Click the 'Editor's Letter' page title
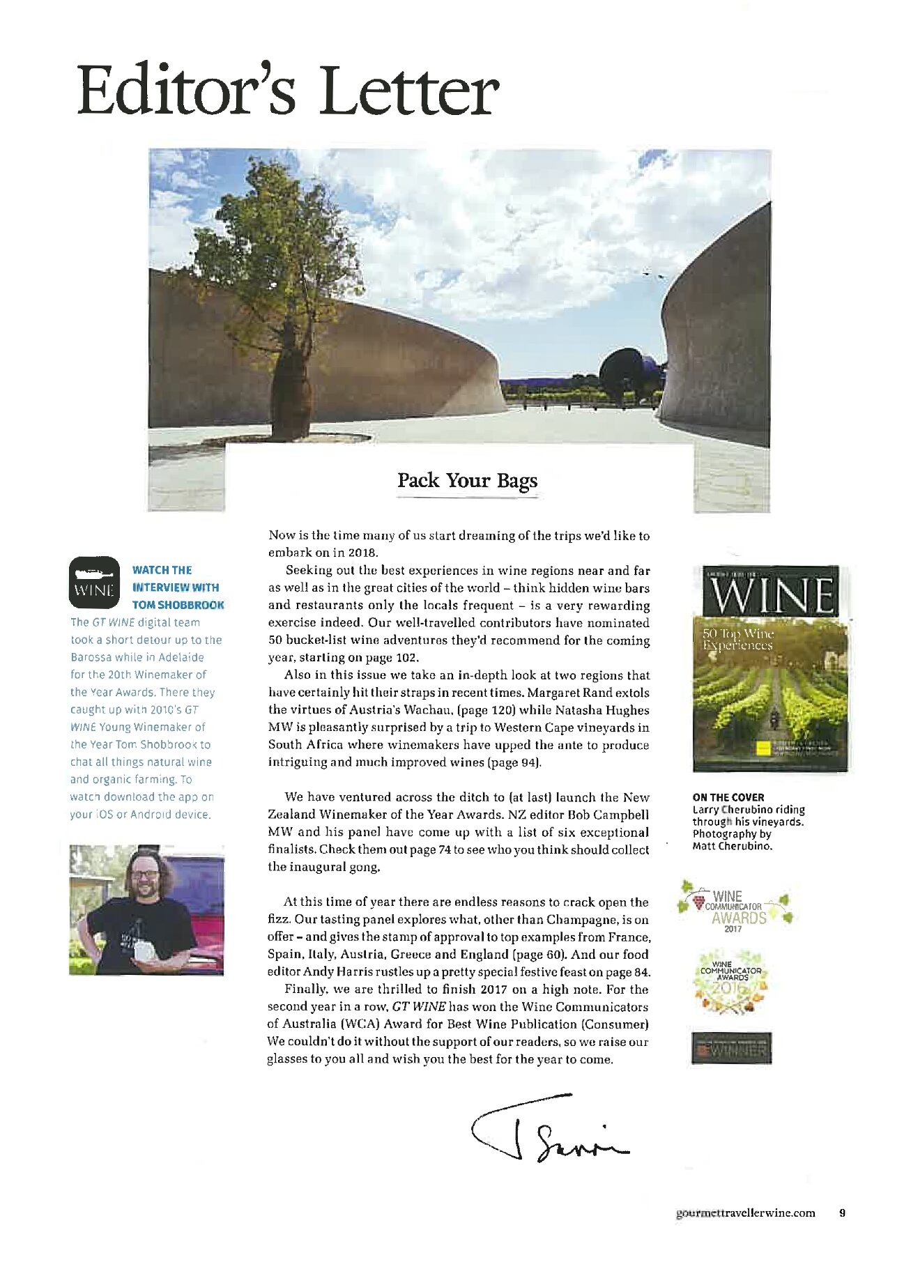tap(287, 91)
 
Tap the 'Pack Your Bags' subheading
tap(467, 481)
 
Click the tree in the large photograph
tap(275, 279)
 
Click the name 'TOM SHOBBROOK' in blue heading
tap(178, 605)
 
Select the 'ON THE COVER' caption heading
tap(728, 797)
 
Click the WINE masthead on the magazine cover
tap(770, 594)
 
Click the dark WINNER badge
tap(731, 1047)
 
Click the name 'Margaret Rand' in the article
tap(570, 693)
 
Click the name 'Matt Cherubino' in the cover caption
tap(732, 846)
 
